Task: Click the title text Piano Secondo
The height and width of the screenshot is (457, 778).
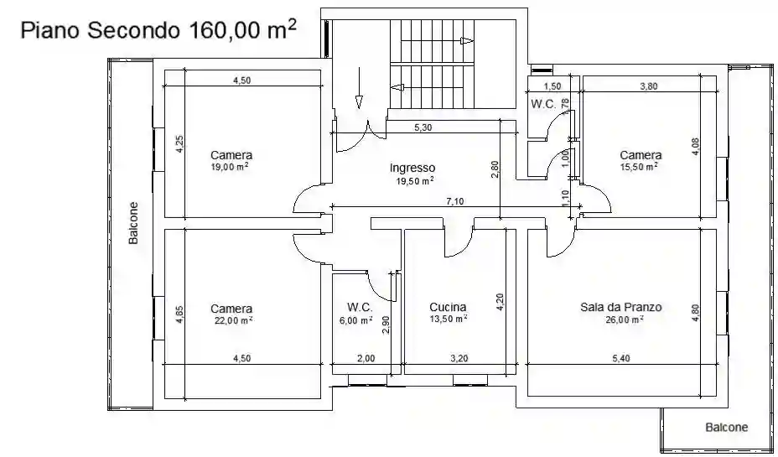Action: (x=100, y=30)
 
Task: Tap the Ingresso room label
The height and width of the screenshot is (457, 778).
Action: (x=412, y=168)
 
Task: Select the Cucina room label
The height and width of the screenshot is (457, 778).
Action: (x=448, y=307)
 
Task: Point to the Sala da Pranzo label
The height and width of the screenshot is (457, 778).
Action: (x=620, y=307)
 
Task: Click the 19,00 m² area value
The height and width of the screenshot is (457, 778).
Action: (x=230, y=167)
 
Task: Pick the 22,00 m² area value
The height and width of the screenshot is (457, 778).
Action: (x=231, y=320)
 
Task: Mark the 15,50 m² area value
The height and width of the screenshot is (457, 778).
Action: (x=639, y=167)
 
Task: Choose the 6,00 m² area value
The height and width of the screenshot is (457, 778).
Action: (x=355, y=320)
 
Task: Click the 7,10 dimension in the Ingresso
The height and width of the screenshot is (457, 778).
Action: (x=455, y=201)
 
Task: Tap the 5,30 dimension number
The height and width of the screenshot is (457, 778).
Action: (x=423, y=127)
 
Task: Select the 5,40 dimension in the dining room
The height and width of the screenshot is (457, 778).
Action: (x=621, y=358)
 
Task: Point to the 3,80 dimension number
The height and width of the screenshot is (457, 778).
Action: (x=649, y=86)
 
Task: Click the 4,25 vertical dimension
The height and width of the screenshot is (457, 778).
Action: (x=180, y=144)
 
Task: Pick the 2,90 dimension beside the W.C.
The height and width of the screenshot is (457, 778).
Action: (x=386, y=325)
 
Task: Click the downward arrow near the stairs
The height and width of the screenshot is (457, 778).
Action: (x=359, y=88)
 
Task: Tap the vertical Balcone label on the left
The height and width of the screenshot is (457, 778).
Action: (x=133, y=223)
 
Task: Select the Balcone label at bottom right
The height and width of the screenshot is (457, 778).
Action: (x=727, y=427)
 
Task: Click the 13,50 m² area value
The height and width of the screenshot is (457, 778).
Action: (x=448, y=319)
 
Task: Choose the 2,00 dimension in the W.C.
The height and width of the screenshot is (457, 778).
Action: (x=366, y=358)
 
